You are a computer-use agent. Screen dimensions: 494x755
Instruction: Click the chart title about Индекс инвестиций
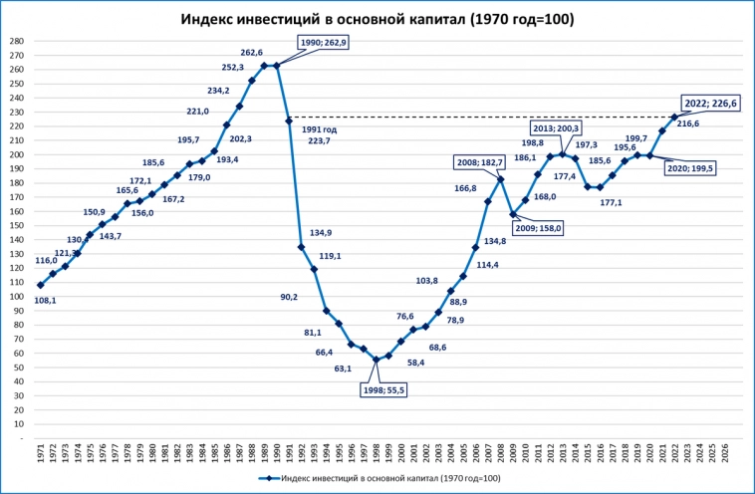[377, 19]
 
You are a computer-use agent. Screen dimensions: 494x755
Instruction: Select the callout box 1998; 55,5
[381, 390]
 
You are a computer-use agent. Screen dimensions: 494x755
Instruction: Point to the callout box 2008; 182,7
[481, 162]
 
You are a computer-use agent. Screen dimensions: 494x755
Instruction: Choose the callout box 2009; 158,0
[538, 228]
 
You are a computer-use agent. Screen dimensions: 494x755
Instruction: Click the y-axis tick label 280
[16, 41]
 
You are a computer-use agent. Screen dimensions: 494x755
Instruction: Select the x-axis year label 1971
[41, 453]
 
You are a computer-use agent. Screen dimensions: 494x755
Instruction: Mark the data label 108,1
[46, 300]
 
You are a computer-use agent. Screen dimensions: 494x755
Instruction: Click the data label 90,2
[289, 297]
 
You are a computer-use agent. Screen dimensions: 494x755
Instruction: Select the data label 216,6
[689, 124]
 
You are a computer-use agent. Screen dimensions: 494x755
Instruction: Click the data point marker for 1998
[376, 360]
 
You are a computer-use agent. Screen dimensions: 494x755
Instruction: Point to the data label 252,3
[232, 68]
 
